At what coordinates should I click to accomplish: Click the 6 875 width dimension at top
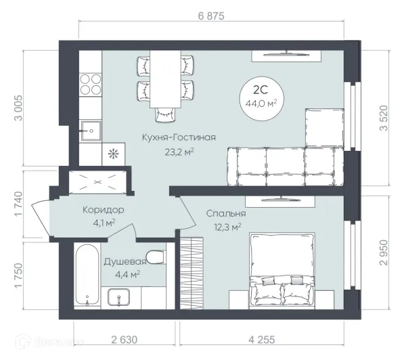click(211, 16)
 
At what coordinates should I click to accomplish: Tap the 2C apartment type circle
click(261, 98)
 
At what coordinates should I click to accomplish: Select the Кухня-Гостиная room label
click(179, 137)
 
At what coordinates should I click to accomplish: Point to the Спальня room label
click(226, 213)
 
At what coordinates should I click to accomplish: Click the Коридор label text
click(104, 210)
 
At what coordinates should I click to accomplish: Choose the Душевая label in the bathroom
click(125, 262)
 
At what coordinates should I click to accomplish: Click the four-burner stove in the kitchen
click(91, 84)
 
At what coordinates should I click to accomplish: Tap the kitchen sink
click(91, 131)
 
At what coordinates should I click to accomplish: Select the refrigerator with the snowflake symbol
click(114, 154)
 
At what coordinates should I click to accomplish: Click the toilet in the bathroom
click(156, 257)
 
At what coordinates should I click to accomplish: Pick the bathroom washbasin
click(119, 297)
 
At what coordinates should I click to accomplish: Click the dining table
click(165, 78)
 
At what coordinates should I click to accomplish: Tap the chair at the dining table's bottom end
click(165, 114)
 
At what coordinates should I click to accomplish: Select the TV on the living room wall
click(286, 53)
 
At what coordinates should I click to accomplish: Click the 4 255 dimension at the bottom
click(262, 340)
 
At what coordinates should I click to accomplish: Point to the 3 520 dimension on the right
click(384, 118)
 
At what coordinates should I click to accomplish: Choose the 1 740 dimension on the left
click(19, 204)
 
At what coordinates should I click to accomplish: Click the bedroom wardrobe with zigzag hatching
click(191, 273)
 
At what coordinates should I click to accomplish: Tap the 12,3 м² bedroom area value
click(227, 227)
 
